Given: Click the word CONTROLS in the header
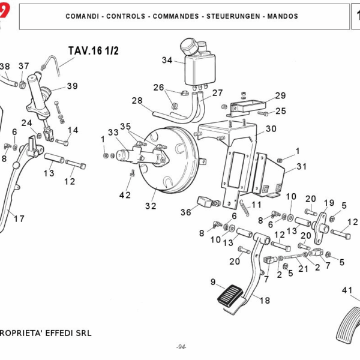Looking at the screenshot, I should (x=124, y=16).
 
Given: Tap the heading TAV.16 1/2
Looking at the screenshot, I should (x=94, y=50).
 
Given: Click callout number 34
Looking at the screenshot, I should (x=167, y=60).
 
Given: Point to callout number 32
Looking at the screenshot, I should (x=150, y=206).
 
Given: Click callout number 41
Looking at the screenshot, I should (x=347, y=290).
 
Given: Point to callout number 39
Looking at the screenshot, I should (x=72, y=86).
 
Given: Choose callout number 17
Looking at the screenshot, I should (x=19, y=218).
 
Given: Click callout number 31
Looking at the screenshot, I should (x=301, y=166).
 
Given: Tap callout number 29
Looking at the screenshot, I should (x=280, y=95).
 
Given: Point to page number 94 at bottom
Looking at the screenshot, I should (x=181, y=347).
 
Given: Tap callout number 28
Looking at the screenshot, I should (x=137, y=100).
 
